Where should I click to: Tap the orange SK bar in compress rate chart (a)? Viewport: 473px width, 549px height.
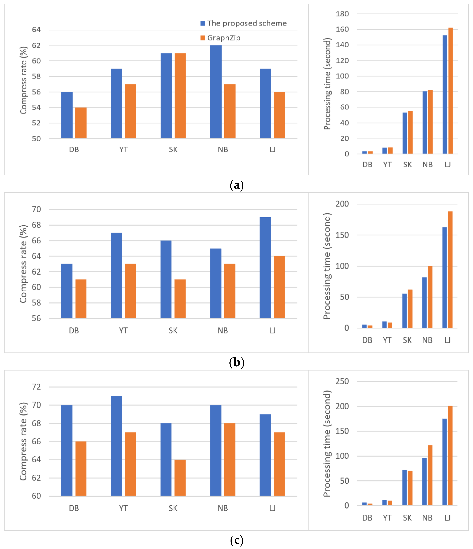pos(180,96)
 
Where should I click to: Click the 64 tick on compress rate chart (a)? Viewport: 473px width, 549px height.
pos(36,30)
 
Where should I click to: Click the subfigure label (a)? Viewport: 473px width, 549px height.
pos(236,185)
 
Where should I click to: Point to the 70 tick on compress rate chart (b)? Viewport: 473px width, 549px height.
pos(36,209)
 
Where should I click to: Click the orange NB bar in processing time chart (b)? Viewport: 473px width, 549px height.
pos(430,297)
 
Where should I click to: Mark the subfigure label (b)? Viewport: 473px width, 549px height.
pos(236,362)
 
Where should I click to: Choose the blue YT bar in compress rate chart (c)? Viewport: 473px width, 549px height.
pos(116,446)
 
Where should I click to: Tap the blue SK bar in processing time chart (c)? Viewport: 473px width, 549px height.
pos(404,488)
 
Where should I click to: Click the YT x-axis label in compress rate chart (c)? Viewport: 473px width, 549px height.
pos(123,508)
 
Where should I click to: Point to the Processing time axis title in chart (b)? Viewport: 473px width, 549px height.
pos(327,266)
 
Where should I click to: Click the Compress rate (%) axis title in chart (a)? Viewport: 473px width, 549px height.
pos(24,80)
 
